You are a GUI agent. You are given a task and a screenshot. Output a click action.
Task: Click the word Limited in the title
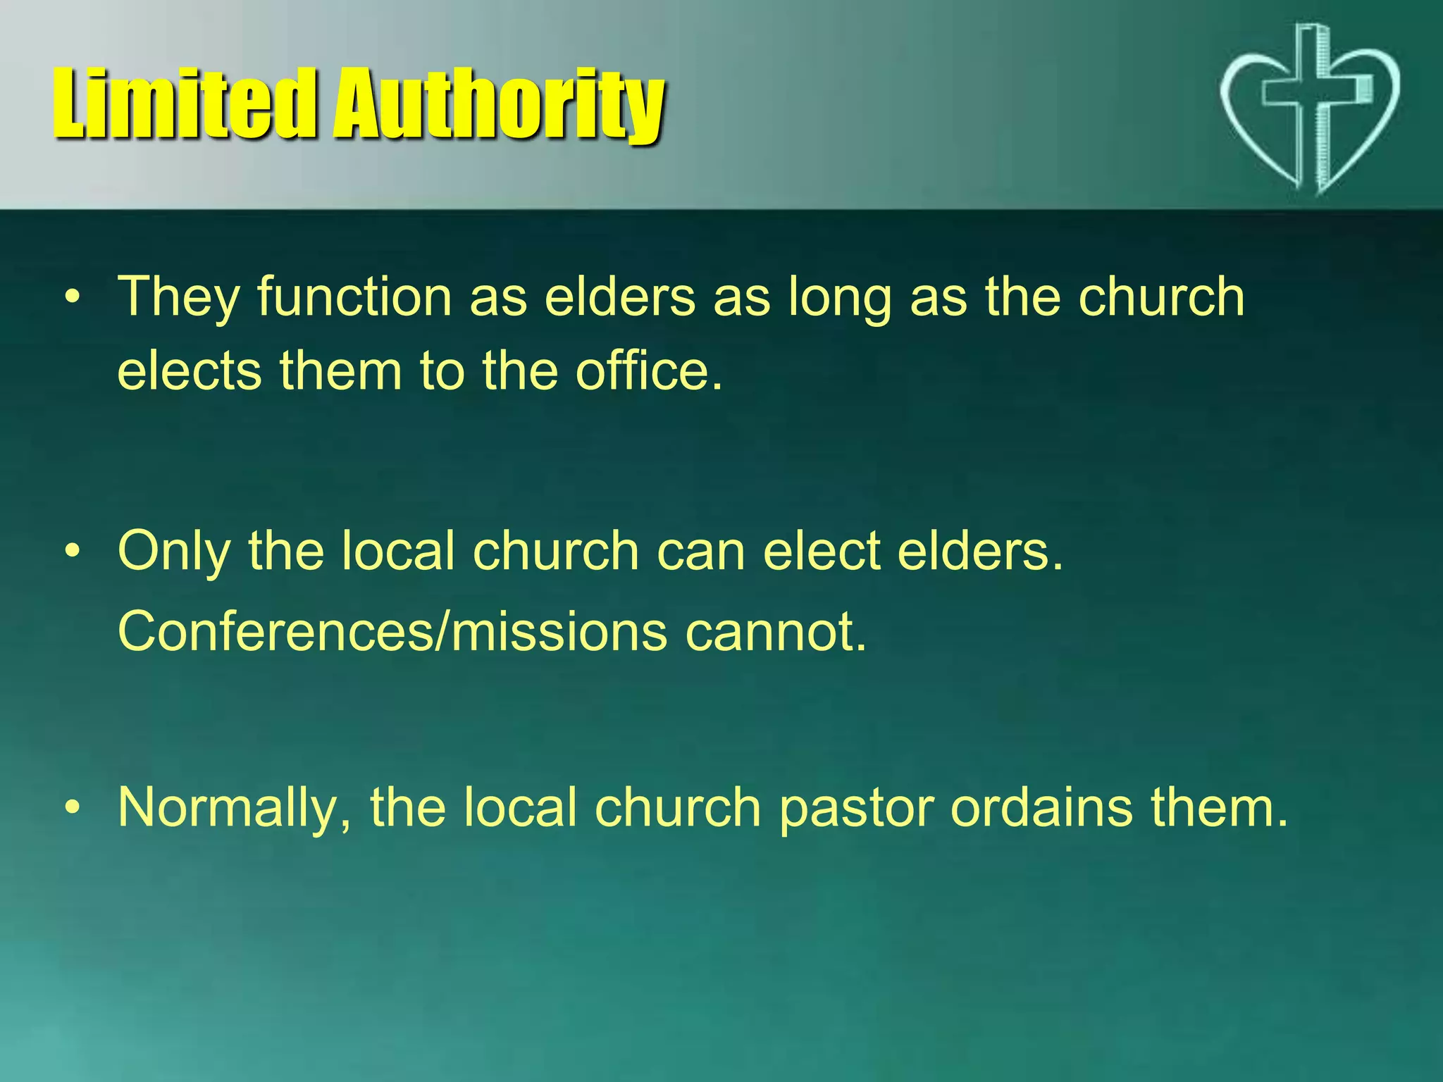pos(183,104)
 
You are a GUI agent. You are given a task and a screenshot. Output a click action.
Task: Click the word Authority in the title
pos(499,106)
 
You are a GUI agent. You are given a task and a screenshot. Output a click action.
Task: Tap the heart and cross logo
pos(1309,109)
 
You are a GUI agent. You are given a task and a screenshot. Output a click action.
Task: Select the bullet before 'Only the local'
pos(72,552)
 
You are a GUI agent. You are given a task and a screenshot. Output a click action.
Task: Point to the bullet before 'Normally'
pos(72,809)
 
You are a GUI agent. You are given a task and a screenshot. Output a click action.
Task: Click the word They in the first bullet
pos(178,297)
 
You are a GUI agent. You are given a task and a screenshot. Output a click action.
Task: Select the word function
pos(354,297)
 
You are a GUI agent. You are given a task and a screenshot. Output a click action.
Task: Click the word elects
pos(190,371)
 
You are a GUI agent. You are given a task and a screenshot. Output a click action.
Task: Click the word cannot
pos(775,632)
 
